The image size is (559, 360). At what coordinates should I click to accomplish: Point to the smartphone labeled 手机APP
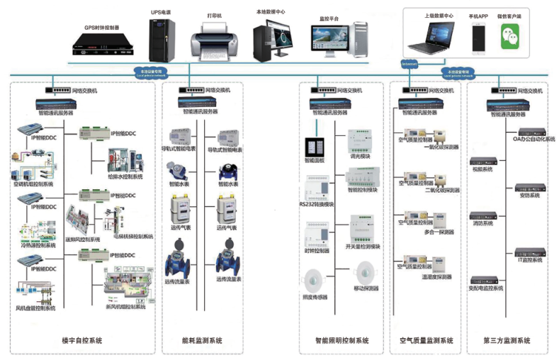(x=479, y=36)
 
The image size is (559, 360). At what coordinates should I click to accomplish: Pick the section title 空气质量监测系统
(x=427, y=341)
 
